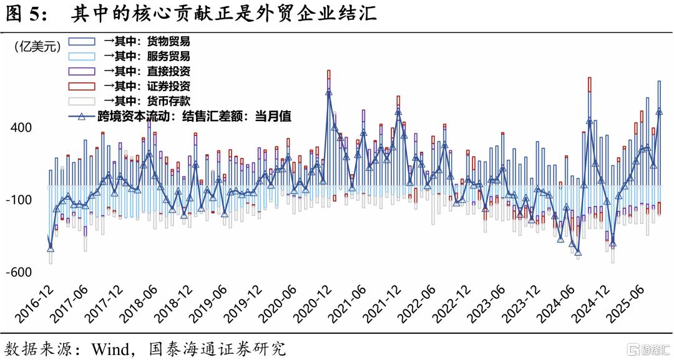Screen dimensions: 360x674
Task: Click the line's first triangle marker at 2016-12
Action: click(51, 249)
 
